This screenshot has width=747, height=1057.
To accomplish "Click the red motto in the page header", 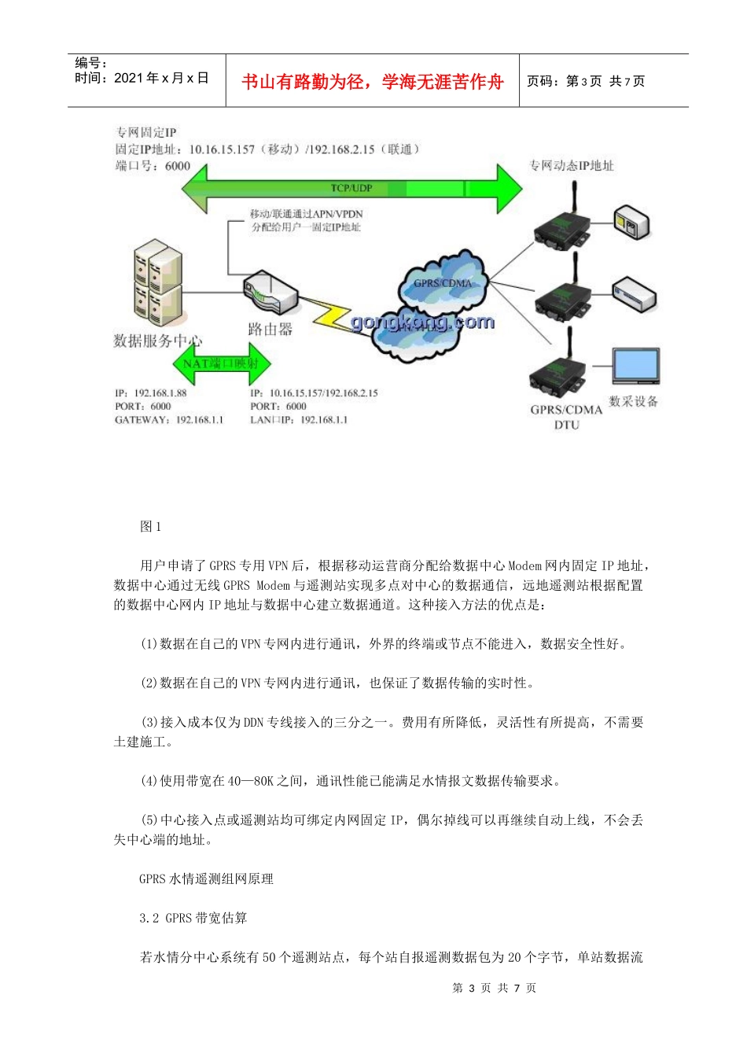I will coord(372,82).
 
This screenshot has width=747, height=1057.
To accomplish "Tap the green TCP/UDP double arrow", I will coord(351,188).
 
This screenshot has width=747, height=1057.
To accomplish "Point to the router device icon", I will coord(270,293).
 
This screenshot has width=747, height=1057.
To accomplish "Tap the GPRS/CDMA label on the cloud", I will coord(443,283).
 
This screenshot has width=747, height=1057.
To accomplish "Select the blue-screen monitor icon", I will coord(635,367).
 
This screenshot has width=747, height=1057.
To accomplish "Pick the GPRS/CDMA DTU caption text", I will coord(566,417).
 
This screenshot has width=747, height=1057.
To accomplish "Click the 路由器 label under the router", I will coord(270,330).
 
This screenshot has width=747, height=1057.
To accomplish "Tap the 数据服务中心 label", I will coord(157,341).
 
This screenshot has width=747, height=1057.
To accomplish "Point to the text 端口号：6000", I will coord(153,166).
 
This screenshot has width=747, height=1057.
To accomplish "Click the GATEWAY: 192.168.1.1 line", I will coord(169,420).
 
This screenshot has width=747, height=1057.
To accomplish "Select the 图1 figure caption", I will coord(150,527).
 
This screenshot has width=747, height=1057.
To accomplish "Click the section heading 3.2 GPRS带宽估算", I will coord(193,918).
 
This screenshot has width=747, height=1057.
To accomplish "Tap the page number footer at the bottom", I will coord(494,988).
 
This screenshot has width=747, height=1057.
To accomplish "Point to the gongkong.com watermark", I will coord(423,322).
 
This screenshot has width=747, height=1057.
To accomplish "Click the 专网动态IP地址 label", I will coord(571,165).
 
